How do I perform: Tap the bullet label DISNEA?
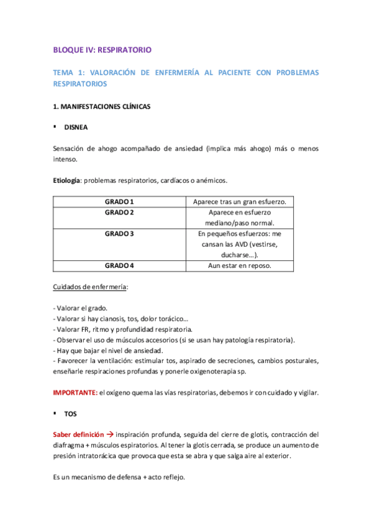tap(76, 127)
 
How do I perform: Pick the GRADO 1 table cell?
tap(119, 202)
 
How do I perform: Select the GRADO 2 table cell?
tap(119, 213)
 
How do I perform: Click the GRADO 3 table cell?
tap(119, 234)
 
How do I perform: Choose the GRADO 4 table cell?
tap(119, 265)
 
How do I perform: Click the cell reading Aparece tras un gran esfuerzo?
tap(239, 202)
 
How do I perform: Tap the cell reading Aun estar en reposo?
tap(239, 265)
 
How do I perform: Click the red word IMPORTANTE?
tap(75, 392)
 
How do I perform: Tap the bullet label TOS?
tap(70, 413)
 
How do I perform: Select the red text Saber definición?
tap(76, 434)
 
